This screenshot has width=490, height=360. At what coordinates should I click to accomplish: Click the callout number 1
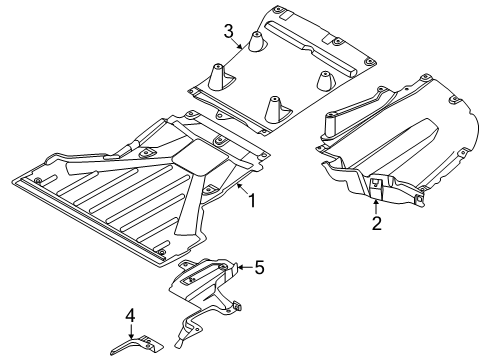pos(252,201)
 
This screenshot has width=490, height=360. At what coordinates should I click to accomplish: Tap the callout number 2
pos(376,223)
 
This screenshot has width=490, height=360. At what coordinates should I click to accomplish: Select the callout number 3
pos(229,32)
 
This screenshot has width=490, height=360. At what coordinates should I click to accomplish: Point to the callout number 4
pos(130,315)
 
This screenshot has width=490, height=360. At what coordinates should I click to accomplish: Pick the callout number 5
pos(259,267)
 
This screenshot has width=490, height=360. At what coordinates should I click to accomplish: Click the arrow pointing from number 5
pos(245,267)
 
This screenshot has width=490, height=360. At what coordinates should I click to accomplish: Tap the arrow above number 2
pos(376,207)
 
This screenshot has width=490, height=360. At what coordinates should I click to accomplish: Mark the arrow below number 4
pos(131,332)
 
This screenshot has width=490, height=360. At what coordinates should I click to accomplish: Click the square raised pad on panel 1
pos(200,157)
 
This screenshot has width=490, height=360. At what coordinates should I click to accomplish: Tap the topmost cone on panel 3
pos(256,42)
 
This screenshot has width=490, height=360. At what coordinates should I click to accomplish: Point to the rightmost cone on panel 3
pos(324,80)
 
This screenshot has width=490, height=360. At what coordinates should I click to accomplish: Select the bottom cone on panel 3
pos(273,110)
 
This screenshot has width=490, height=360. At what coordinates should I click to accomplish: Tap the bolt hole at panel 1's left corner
pos(38,181)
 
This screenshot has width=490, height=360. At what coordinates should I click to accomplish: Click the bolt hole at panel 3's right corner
pos(369,62)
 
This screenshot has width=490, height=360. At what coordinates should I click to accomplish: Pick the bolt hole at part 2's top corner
pos(424,78)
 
